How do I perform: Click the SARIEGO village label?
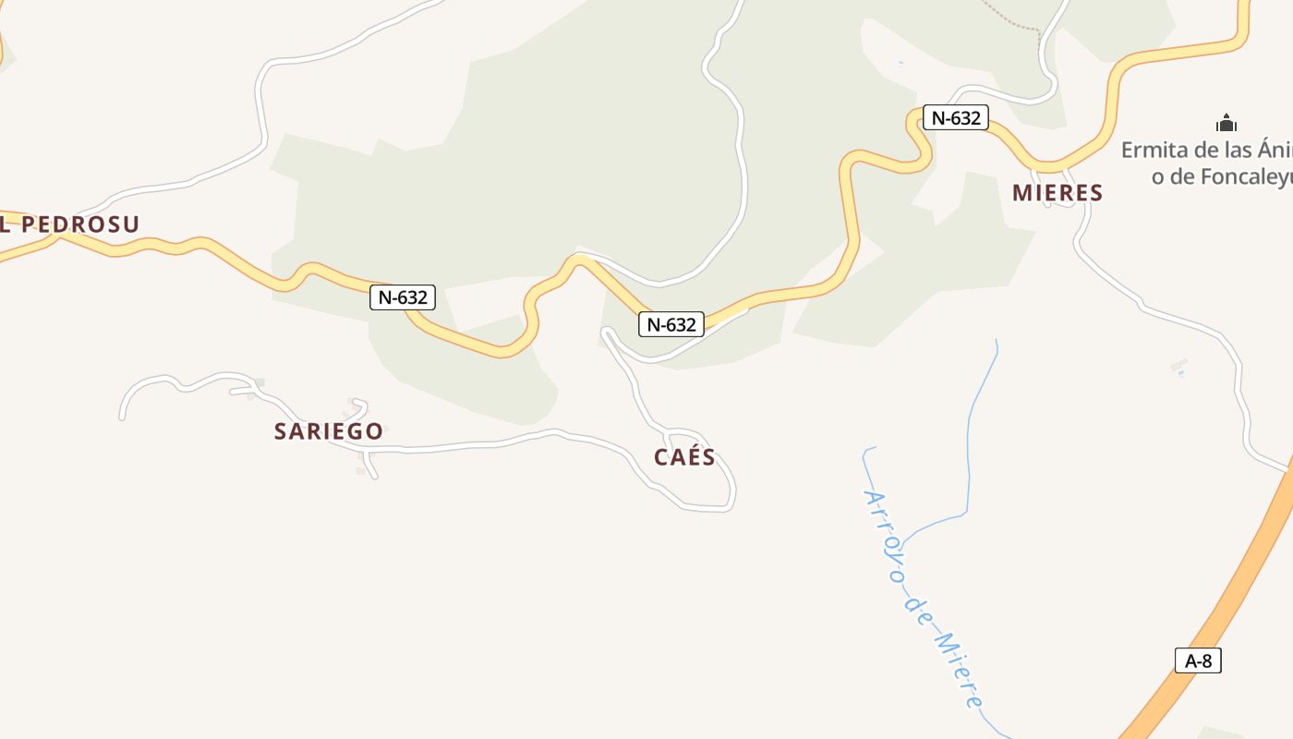(328, 431)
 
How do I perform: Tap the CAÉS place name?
(684, 457)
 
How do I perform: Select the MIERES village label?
(1057, 193)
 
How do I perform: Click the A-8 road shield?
(1198, 660)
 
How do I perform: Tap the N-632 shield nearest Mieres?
(955, 117)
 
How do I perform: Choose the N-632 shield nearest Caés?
(671, 324)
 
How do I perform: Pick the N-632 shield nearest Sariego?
(403, 297)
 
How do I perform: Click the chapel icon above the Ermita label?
(1227, 123)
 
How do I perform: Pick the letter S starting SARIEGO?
(281, 431)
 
